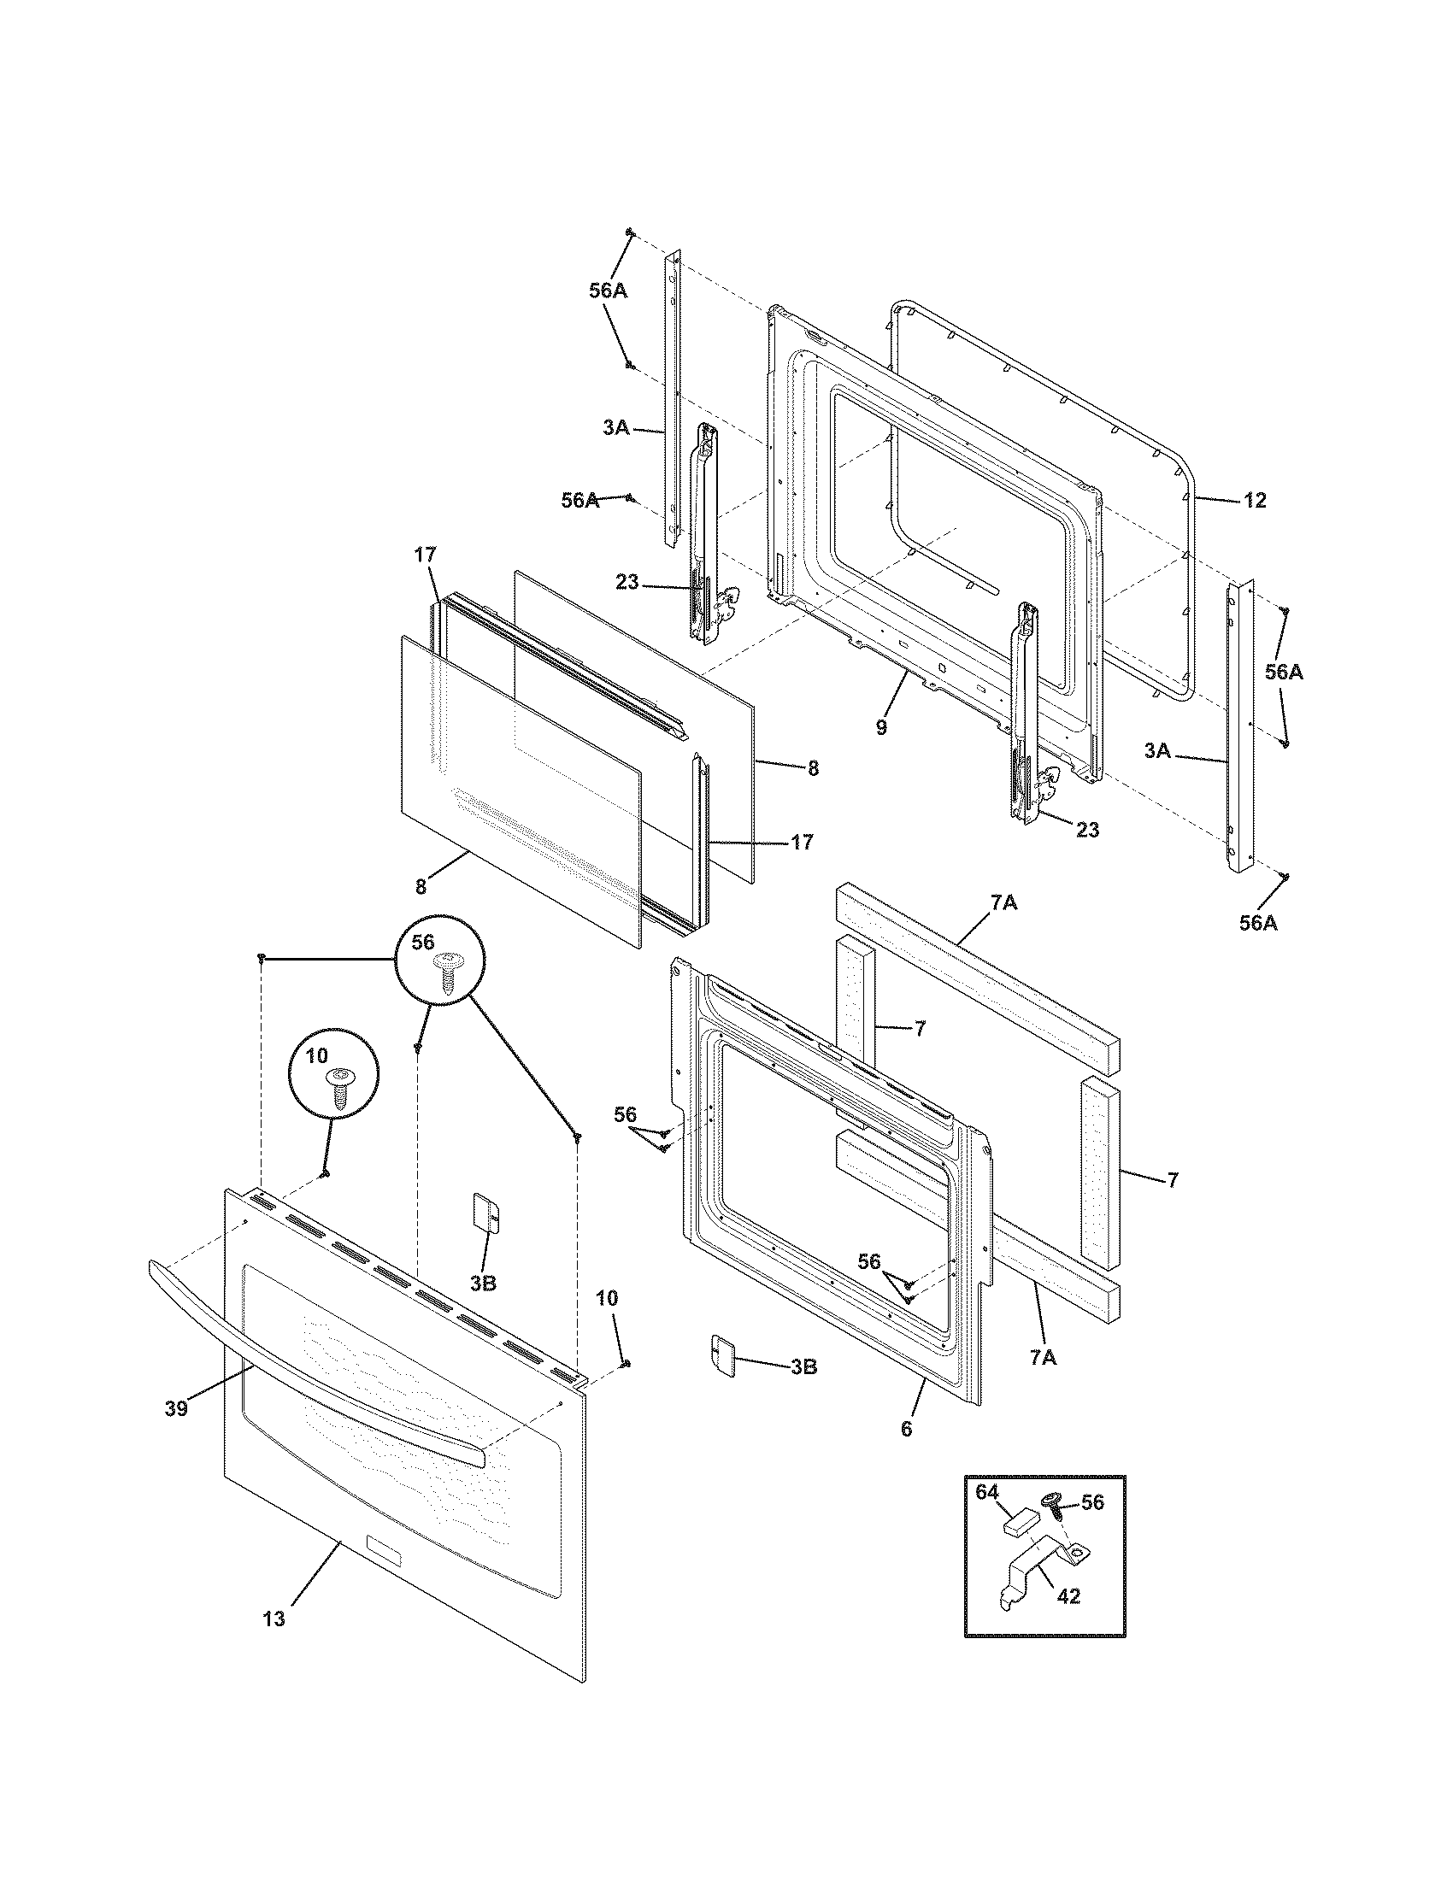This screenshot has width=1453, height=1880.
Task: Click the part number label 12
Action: (x=1255, y=500)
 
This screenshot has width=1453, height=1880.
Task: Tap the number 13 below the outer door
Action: (x=273, y=1619)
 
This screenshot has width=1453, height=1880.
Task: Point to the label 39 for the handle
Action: (x=176, y=1408)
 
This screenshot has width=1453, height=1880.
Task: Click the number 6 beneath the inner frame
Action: (x=905, y=1429)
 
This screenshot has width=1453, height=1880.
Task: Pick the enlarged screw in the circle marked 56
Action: (x=447, y=971)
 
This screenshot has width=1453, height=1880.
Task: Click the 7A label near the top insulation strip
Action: (x=1003, y=902)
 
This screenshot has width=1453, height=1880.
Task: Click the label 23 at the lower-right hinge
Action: (x=1087, y=830)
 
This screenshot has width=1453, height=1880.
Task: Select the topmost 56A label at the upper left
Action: (x=608, y=291)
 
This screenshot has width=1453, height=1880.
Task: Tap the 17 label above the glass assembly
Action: (x=426, y=555)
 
